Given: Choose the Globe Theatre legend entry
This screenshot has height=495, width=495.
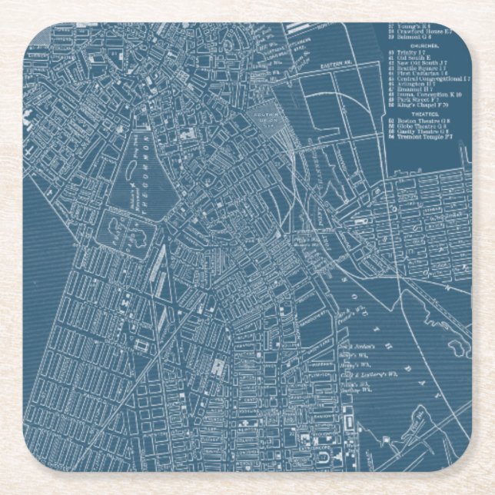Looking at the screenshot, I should click(420, 125).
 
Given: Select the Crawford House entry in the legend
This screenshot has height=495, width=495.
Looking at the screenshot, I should click(422, 30).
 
